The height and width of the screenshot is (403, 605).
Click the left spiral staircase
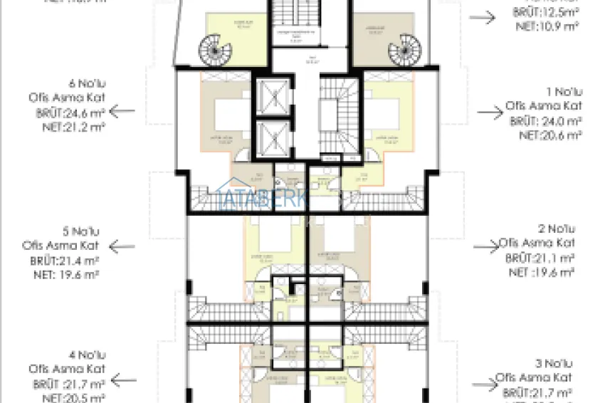(x=211, y=50)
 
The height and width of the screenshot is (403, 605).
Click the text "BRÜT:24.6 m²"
(x=69, y=112)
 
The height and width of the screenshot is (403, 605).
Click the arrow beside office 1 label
(x=489, y=112)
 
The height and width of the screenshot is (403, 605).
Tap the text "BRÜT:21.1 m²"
(x=540, y=258)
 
